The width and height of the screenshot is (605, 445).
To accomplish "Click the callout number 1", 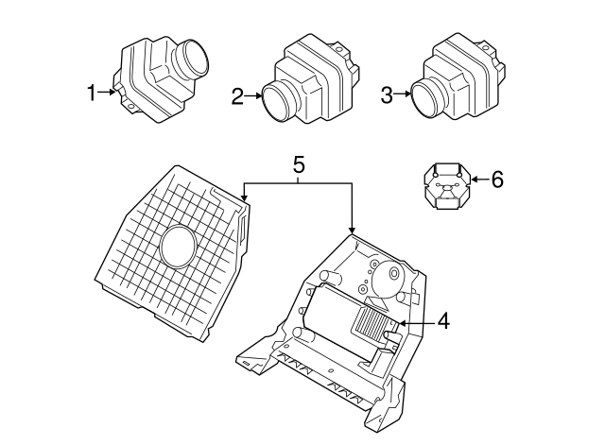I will pos(91,93).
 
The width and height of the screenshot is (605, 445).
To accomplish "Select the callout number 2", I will pos(238,94).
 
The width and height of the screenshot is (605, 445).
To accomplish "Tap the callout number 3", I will pos(387,94).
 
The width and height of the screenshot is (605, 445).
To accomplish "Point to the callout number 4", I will pos(443,321).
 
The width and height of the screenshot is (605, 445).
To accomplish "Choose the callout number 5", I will pos(298,164).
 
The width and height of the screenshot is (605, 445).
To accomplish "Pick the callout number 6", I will pos(497,178).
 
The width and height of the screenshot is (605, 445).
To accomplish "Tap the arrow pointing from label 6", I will pos(479,178).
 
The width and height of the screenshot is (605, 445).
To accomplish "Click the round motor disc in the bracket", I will pos(389,280).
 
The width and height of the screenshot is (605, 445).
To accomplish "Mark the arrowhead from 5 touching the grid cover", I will pos(244,196).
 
